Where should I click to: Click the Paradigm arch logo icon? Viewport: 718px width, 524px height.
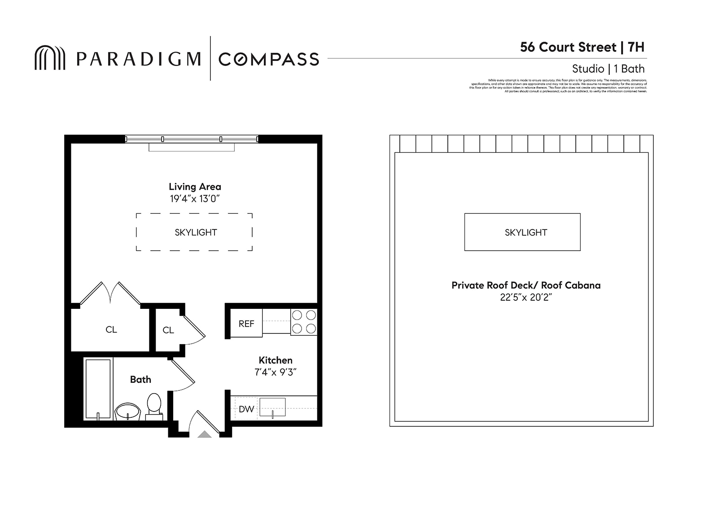pyautogui.click(x=50, y=58)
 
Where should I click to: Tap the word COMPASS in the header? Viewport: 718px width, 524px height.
pyautogui.click(x=269, y=59)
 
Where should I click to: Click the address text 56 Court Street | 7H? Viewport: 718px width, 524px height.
pyautogui.click(x=582, y=47)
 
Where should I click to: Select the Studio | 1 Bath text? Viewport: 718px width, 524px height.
pyautogui.click(x=608, y=69)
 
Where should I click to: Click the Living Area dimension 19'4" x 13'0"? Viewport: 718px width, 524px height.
pyautogui.click(x=195, y=199)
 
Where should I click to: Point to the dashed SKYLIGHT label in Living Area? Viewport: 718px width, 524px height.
pyautogui.click(x=196, y=232)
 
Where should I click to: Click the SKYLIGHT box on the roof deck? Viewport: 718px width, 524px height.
pyautogui.click(x=525, y=232)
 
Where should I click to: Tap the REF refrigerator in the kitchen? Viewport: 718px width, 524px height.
pyautogui.click(x=246, y=324)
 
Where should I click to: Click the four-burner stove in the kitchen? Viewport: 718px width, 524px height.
pyautogui.click(x=304, y=322)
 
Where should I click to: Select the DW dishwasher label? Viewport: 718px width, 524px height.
pyautogui.click(x=246, y=409)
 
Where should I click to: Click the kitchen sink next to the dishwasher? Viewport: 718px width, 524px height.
pyautogui.click(x=272, y=407)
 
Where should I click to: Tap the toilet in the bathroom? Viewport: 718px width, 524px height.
pyautogui.click(x=154, y=405)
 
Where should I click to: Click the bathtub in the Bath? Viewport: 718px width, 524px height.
pyautogui.click(x=98, y=388)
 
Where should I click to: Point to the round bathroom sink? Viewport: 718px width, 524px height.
pyautogui.click(x=128, y=411)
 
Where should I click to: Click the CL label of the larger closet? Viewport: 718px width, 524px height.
pyautogui.click(x=111, y=329)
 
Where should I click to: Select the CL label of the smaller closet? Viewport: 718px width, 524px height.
pyautogui.click(x=168, y=330)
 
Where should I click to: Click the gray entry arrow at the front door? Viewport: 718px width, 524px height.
pyautogui.click(x=205, y=434)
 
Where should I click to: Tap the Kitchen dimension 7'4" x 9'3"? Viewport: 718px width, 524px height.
pyautogui.click(x=276, y=372)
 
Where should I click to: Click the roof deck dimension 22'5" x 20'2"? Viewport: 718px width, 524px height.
pyautogui.click(x=525, y=297)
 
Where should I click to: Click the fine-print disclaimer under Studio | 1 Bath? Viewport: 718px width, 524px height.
pyautogui.click(x=558, y=86)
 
